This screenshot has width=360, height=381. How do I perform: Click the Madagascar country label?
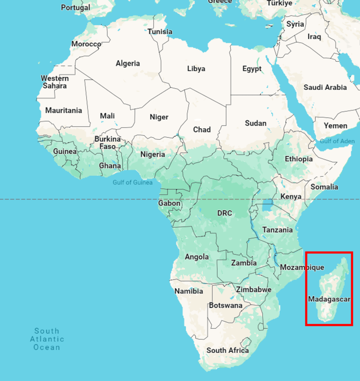point(329,299)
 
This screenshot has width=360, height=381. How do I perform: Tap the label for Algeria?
point(128,63)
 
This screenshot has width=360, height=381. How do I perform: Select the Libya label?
point(196,68)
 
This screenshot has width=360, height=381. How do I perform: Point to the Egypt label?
point(252,69)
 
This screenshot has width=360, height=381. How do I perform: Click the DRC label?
point(225,213)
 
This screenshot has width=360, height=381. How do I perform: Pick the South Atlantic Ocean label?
point(47,339)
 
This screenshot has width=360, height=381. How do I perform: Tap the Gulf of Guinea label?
point(132,182)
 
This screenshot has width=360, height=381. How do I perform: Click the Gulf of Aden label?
point(337,141)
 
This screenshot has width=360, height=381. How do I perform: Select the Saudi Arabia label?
point(325,87)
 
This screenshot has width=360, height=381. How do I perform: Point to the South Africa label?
point(228,350)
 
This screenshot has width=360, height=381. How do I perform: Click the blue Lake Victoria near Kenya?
point(267,205)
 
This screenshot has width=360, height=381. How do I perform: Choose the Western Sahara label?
point(55,82)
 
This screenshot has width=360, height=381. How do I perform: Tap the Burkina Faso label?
point(107,143)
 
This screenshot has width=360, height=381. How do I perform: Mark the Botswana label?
point(225,305)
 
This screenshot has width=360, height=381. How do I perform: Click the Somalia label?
point(324,187)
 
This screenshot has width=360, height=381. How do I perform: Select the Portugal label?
point(75,7)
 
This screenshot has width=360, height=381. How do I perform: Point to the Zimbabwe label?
point(254,289)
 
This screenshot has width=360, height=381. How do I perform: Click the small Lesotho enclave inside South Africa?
point(245,342)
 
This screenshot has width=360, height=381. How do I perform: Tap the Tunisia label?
point(160,32)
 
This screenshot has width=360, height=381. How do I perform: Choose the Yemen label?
point(335,126)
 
